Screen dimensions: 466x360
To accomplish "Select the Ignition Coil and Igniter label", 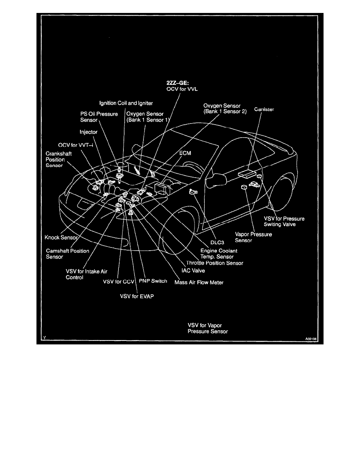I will (125, 104).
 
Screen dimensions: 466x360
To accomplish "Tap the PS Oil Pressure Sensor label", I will (96, 117).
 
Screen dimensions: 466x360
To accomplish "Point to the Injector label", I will (88, 132).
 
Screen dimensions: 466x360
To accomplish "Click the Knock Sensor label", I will (62, 237).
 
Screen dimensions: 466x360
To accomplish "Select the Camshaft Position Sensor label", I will (67, 254).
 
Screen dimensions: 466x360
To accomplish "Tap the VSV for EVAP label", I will (137, 297).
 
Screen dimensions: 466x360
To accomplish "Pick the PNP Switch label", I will (153, 281).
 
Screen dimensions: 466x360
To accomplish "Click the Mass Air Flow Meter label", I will (199, 282).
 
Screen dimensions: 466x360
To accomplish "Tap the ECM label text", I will (185, 153).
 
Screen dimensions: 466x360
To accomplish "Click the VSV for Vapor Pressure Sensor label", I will (207, 328).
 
